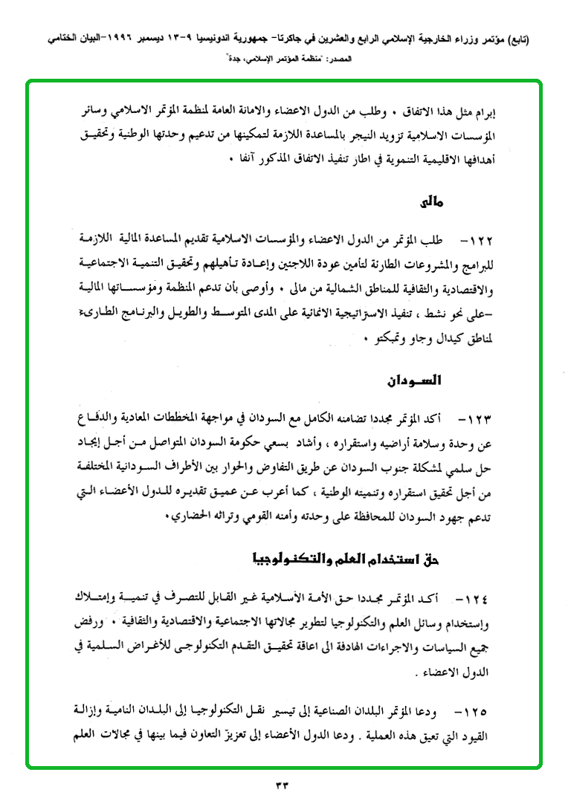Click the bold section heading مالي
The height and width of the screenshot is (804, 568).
tap(430, 201)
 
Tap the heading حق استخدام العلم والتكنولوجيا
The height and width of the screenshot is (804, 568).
tap(366, 557)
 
